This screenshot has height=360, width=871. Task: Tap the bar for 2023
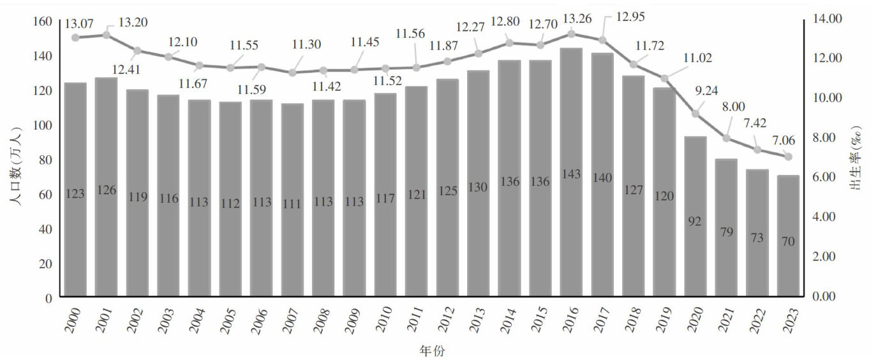coord(788,236)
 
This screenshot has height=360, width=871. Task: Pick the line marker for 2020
coord(696,114)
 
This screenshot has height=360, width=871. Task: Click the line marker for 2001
coord(107,34)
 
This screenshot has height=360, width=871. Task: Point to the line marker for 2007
coord(292,73)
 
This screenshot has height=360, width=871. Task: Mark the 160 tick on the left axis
coord(42,21)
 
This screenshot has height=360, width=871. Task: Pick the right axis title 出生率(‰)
coord(857,159)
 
